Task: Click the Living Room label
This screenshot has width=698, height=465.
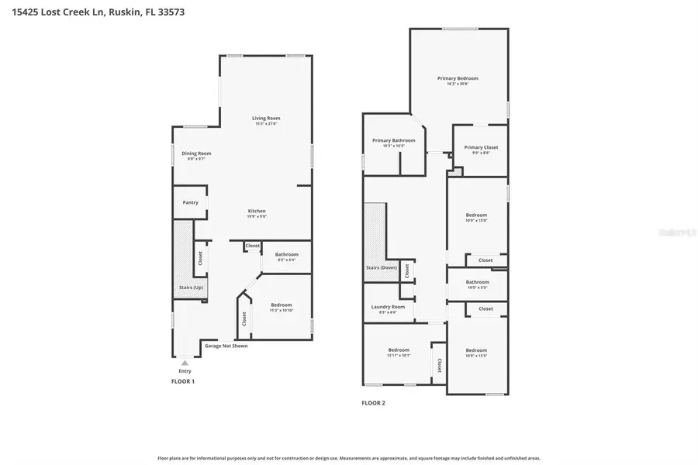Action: tap(266, 119)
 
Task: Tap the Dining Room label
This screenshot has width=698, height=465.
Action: tap(196, 153)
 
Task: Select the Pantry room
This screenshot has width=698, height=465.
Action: tap(190, 203)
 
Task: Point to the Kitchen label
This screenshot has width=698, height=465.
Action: tap(257, 212)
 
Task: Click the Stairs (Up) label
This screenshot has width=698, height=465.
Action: tap(191, 288)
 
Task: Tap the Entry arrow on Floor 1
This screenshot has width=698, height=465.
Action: tap(185, 362)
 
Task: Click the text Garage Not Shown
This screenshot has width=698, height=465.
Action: tap(226, 346)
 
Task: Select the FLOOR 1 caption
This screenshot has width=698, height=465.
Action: tap(182, 381)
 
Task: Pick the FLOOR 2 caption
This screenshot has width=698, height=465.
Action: tap(373, 402)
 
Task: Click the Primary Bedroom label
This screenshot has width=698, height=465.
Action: tap(458, 78)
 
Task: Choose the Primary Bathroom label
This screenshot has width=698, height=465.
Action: tap(393, 141)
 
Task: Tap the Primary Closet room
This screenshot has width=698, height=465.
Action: tap(481, 148)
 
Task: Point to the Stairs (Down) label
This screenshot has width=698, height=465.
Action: tap(382, 267)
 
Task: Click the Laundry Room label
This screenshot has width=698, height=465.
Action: tap(388, 307)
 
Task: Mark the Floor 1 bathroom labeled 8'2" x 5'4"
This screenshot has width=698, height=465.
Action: tap(286, 255)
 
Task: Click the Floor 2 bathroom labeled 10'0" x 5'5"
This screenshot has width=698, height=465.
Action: tap(477, 283)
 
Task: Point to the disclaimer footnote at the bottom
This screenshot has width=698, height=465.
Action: tap(349, 458)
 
